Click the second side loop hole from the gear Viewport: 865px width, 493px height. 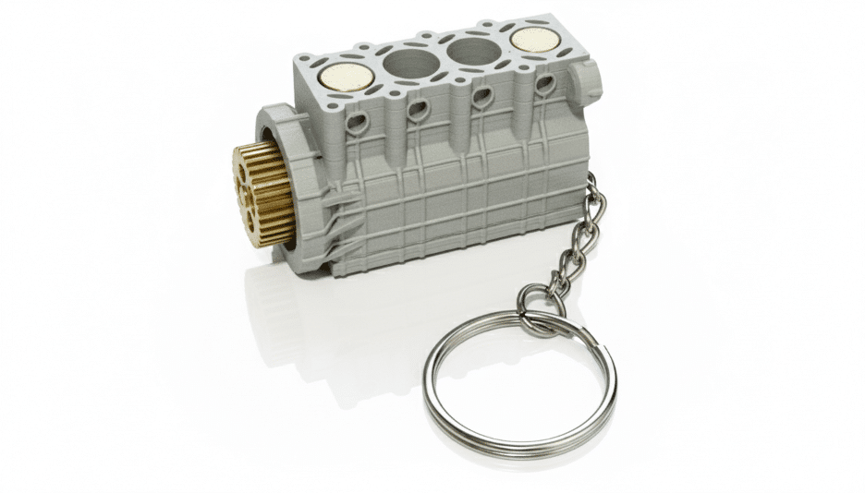[x=417, y=109]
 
